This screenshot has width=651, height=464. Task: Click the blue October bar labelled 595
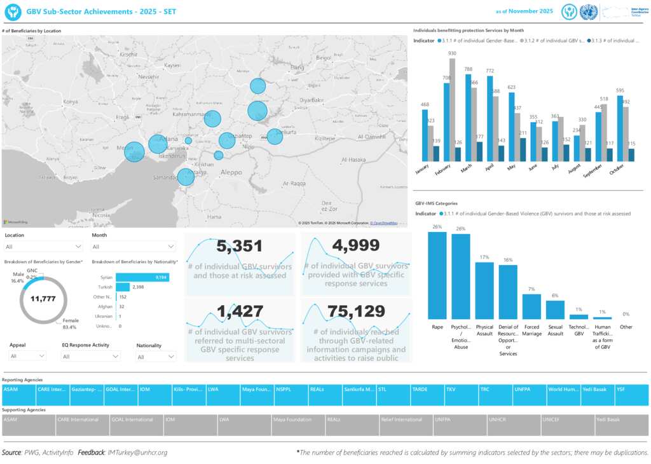(620, 128)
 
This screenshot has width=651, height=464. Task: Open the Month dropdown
(134, 247)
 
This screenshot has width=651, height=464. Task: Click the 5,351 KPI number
(239, 247)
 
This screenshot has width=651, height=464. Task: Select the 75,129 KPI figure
(356, 311)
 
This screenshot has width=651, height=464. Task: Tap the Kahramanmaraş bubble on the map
(212, 119)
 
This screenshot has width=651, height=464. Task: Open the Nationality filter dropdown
(156, 357)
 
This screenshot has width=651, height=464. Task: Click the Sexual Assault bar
(555, 310)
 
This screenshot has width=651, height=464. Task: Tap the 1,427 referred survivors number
(239, 311)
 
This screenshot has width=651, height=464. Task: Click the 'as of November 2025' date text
(524, 11)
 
